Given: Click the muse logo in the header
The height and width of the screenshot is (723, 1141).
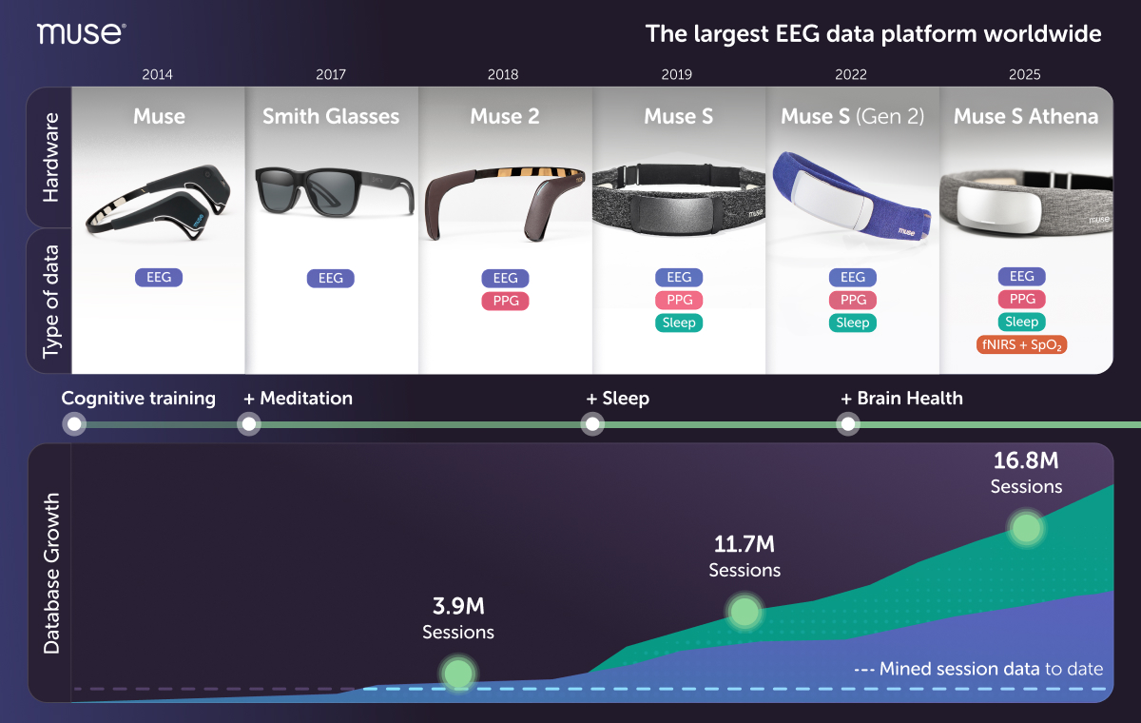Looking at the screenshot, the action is pos(82,33).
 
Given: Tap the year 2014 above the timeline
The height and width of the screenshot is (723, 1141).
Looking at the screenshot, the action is pos(157,74).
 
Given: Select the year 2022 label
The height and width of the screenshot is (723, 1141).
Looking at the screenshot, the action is pos(851,74).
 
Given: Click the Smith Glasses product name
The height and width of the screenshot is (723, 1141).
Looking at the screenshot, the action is pos(331,116).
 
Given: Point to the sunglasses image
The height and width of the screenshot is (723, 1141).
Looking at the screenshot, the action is pos(334,192).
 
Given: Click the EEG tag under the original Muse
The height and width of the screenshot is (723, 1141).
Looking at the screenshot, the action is pos(159,277).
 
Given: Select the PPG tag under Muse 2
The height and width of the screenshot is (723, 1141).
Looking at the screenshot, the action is pos(505,301).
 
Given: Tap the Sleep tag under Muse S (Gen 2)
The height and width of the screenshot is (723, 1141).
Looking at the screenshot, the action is pos(853,322).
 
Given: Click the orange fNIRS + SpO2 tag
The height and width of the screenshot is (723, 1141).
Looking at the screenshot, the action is pos(1021,345).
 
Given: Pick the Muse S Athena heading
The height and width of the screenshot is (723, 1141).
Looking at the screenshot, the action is pos(1026,116).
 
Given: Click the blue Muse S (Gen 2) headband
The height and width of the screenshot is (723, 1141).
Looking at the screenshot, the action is pos(852,196).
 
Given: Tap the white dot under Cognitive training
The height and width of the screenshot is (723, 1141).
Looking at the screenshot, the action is pos(74,424).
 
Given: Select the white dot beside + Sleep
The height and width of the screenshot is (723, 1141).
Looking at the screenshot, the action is pos(592,424).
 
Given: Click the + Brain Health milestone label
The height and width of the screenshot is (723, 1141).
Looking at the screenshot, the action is pos(901,398).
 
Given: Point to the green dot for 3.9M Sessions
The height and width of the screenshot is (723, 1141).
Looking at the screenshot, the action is pos(458,674).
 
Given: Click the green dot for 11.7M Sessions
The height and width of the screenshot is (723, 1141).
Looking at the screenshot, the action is pos(745,612).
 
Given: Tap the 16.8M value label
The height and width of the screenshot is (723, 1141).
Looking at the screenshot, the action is pos(1026,460).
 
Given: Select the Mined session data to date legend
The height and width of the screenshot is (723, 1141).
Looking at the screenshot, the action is pos(978,669).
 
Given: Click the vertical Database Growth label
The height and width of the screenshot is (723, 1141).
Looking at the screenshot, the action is pos(51,574).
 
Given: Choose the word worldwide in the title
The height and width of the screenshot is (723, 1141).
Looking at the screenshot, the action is pos(1043,33).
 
